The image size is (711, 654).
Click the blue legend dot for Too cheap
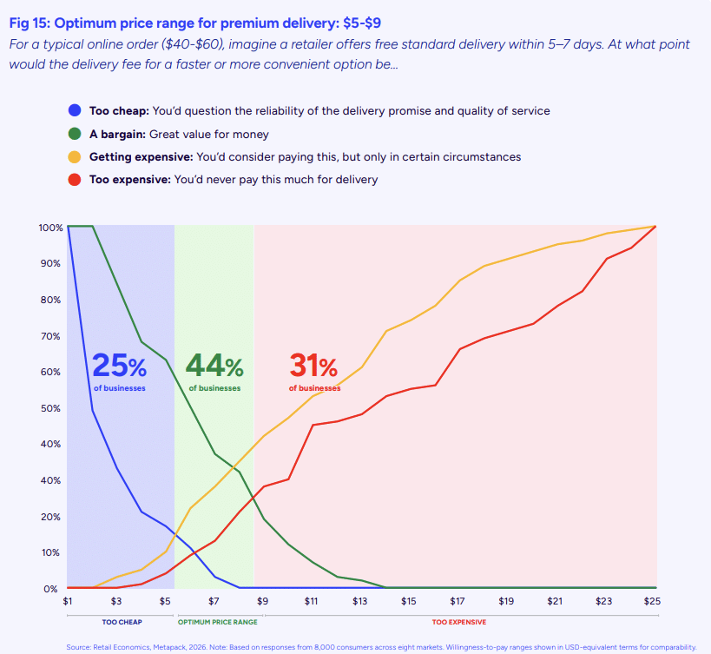[75, 111]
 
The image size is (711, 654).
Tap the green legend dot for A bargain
[75, 135]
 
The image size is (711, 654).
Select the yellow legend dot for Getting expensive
[75, 157]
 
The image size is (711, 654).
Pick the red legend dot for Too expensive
[75, 180]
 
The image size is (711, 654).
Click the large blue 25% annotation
[119, 366]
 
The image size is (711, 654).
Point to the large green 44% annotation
[214, 366]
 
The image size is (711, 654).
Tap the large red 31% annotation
[314, 366]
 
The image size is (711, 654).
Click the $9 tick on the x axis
[262, 601]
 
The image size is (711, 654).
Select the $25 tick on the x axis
[653, 601]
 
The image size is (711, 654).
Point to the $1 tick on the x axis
[68, 601]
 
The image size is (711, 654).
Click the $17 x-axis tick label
[458, 601]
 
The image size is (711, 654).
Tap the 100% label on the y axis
[50, 228]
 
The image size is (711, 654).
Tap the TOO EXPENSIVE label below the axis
[458, 623]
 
